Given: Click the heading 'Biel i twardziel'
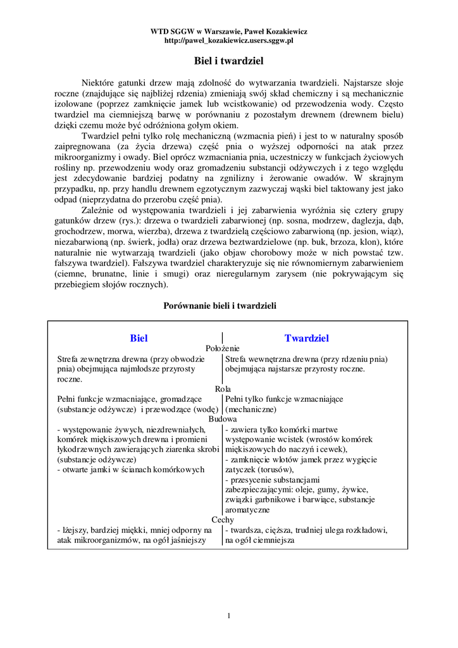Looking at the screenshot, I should click(228, 61).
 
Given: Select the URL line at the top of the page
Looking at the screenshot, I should click(228, 40).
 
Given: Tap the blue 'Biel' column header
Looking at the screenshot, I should click(139, 339).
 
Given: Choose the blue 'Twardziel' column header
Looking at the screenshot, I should click(306, 339).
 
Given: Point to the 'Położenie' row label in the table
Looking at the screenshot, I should click(223, 348).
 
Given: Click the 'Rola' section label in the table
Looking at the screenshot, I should click(223, 389).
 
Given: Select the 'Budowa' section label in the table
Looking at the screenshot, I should click(223, 419).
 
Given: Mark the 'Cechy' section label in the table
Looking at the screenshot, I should click(223, 520).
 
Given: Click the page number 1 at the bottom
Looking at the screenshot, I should click(228, 616).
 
